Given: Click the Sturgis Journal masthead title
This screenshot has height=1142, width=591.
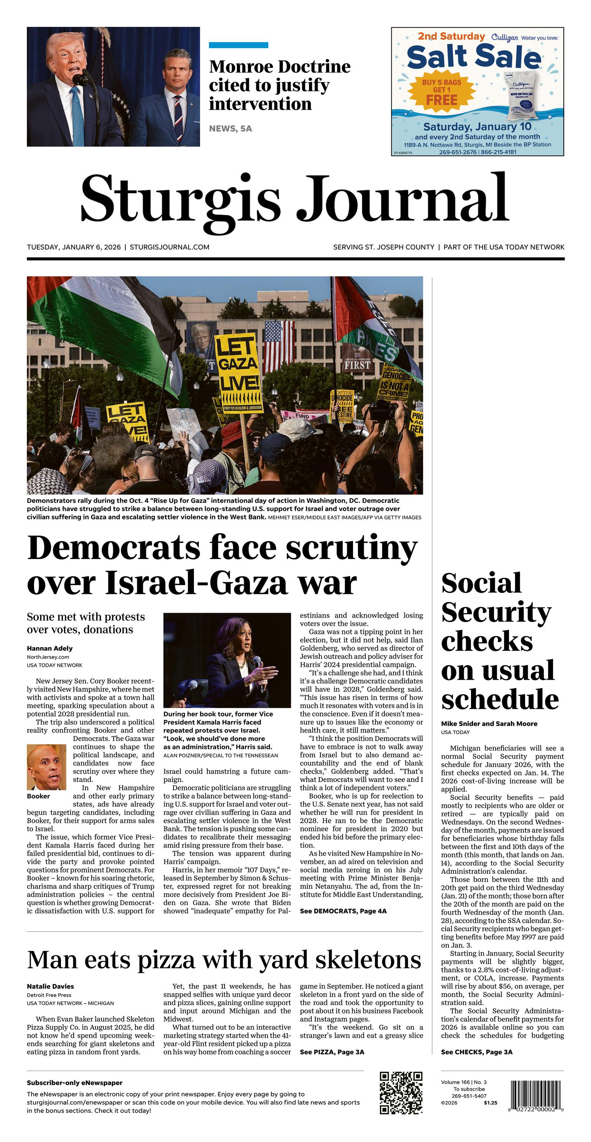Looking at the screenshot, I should click(295, 199).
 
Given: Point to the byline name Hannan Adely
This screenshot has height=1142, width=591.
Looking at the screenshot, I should click(50, 648).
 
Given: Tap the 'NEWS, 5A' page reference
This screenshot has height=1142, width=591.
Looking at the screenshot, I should click(230, 128).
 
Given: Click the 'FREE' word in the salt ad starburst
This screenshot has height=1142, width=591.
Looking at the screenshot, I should click(441, 100).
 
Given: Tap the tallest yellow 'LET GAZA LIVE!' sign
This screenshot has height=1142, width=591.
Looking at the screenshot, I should click(238, 372).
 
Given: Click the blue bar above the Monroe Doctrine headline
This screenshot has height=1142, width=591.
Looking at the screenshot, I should click(238, 45).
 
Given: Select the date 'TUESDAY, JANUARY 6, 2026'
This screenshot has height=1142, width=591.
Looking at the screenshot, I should click(74, 247).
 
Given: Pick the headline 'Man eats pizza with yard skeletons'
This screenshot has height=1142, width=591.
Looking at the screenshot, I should click(224, 960).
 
